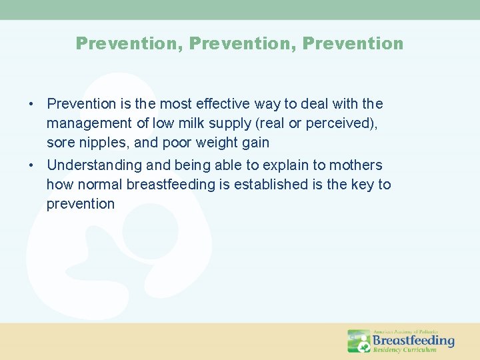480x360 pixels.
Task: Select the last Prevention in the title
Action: tap(353, 44)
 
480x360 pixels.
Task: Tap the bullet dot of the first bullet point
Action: tap(31, 104)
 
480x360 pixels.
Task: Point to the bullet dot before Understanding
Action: tap(31, 165)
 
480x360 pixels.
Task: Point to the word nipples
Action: tap(100, 143)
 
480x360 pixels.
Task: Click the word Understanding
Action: tap(95, 165)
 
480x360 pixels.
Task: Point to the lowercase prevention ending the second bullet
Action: tap(81, 204)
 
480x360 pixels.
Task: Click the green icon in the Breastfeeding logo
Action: tap(359, 341)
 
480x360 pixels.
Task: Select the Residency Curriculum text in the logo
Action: tap(405, 349)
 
